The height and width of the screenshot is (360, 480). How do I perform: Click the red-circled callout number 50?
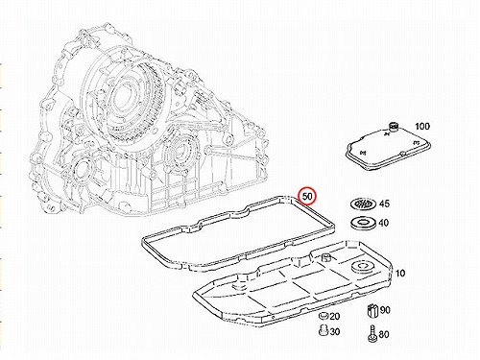click(307, 196)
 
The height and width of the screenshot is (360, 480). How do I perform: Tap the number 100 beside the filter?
click(422, 127)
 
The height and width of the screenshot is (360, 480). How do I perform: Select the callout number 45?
click(384, 204)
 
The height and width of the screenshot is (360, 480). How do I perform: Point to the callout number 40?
click(384, 223)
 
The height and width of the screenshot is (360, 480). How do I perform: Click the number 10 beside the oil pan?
click(400, 274)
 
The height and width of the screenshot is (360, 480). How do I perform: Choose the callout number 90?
click(385, 310)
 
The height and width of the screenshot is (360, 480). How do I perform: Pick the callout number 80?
click(384, 335)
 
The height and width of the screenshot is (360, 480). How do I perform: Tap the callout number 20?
click(334, 317)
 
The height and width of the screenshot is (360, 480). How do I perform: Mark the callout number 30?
click(334, 332)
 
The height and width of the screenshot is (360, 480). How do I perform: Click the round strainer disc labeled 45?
click(363, 204)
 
